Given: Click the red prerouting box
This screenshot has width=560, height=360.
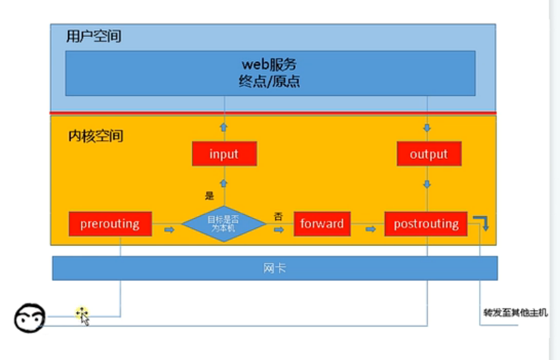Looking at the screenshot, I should [x=110, y=224].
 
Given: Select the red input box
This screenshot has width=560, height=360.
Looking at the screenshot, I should [x=224, y=154].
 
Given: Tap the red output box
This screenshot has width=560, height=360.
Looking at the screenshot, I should [x=429, y=154].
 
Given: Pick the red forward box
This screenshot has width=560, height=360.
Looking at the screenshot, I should [x=322, y=224].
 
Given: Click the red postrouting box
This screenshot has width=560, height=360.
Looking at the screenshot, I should [x=425, y=224].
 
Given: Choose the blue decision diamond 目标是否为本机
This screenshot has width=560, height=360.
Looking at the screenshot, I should [x=224, y=224].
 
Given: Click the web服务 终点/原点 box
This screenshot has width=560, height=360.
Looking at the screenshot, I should [x=270, y=73].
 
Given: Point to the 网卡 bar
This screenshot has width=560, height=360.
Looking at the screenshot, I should [x=275, y=268].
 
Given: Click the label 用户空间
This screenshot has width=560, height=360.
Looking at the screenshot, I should [x=94, y=36].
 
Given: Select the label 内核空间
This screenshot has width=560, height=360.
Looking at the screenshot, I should [x=96, y=136].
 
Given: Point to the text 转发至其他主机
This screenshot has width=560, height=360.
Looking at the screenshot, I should [x=515, y=313].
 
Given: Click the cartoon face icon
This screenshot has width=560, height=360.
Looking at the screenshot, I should [x=30, y=318].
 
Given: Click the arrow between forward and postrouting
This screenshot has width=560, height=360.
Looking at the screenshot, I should [x=371, y=229].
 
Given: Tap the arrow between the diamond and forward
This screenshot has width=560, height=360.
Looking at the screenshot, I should [x=279, y=229].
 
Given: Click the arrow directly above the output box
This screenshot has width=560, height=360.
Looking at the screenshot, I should [x=428, y=128].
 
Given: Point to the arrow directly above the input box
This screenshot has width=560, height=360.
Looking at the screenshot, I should [x=224, y=128].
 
